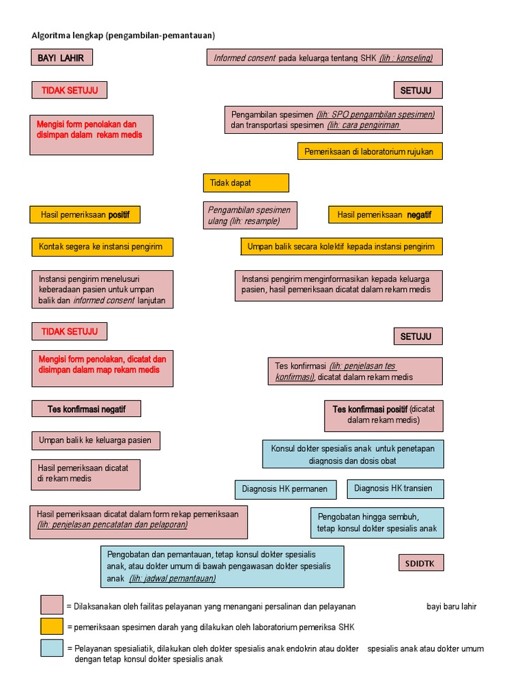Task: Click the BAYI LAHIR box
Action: [61, 58]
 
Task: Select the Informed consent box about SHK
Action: [324, 58]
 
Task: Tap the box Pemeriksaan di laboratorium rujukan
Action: [369, 151]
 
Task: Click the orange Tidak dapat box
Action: [246, 183]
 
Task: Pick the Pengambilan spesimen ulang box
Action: [250, 216]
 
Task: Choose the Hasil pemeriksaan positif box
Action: [85, 215]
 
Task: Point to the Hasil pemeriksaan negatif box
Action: [385, 215]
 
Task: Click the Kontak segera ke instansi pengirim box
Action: [102, 246]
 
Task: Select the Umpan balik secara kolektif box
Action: [341, 246]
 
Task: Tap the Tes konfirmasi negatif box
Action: [87, 409]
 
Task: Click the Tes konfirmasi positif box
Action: [383, 414]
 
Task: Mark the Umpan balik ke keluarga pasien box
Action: [96, 440]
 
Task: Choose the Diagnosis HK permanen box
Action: [285, 489]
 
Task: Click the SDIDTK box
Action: [420, 563]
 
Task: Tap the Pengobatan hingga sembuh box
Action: [377, 523]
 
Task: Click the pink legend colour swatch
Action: [52, 605]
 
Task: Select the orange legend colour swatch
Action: [52, 627]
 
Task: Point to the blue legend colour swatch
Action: [52, 648]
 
